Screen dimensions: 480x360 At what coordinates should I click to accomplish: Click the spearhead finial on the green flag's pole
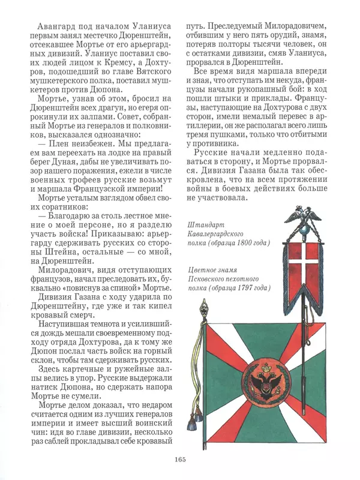point(203,310)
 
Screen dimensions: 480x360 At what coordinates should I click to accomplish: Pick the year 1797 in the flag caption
point(248,288)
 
